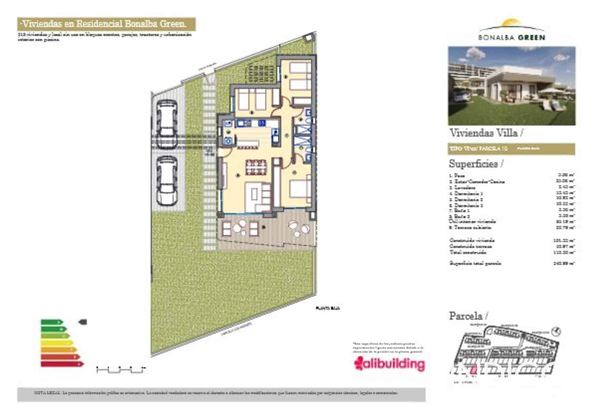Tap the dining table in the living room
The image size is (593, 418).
[256, 167]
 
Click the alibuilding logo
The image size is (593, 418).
[389, 364]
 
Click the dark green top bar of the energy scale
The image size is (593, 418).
[51, 322]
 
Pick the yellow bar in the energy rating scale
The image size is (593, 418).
[57, 343]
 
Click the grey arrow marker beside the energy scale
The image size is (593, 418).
[83, 322]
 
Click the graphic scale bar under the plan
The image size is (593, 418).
[120, 370]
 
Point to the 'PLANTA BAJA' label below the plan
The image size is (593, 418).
[327, 308]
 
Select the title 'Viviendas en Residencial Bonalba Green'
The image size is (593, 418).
[107, 24]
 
